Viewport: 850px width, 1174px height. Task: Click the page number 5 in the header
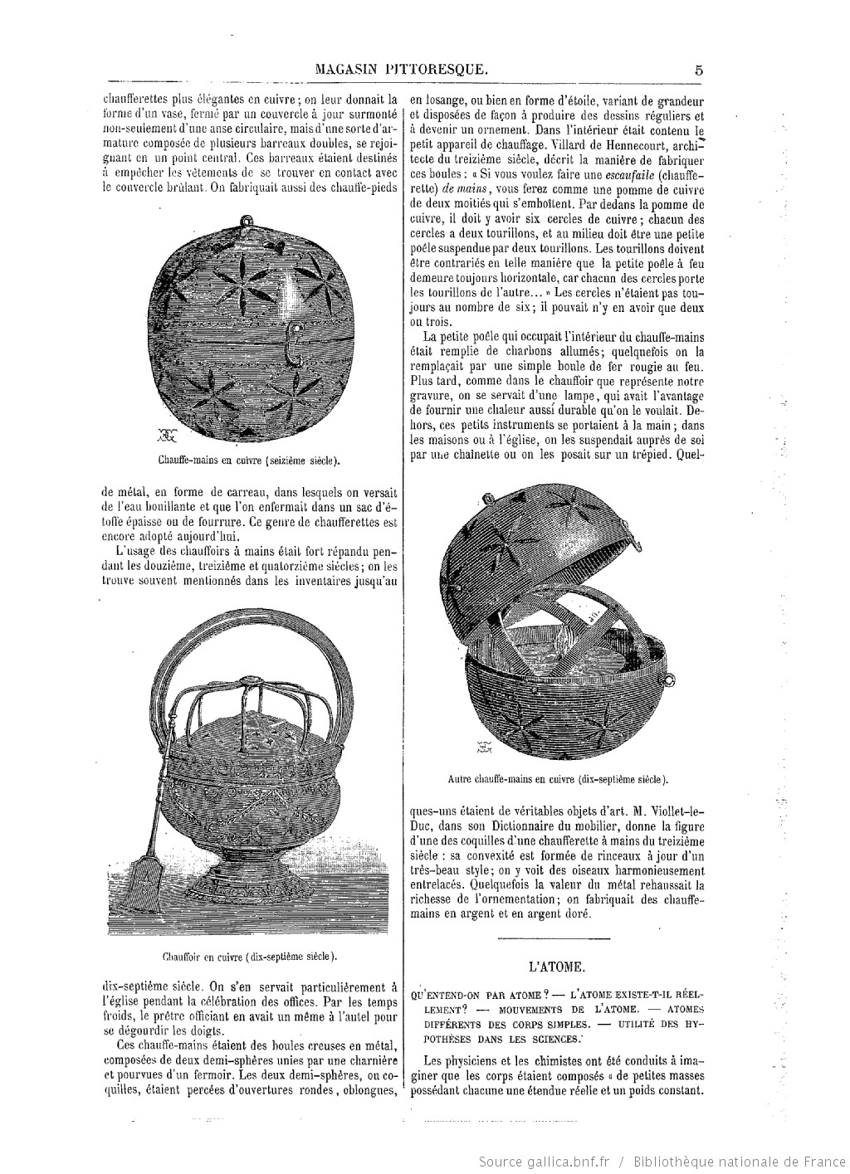click(x=699, y=71)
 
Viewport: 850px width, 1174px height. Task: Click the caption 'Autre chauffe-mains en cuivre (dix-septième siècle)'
click(x=557, y=779)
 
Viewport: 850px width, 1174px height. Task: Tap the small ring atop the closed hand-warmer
click(x=246, y=222)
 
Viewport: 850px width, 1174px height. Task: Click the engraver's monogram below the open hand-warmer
click(x=483, y=748)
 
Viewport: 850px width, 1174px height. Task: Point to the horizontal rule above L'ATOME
click(x=556, y=938)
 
